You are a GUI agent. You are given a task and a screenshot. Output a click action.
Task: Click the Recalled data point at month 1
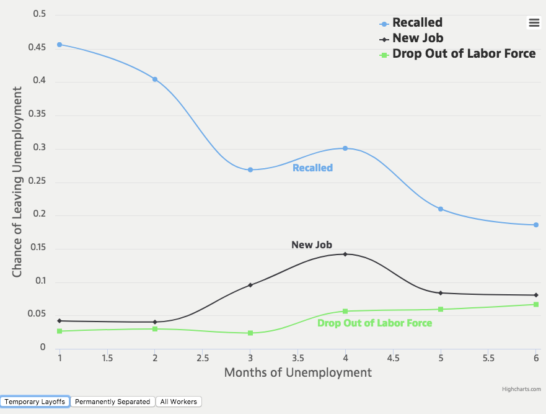click(x=59, y=45)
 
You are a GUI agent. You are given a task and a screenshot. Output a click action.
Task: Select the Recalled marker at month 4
click(x=345, y=148)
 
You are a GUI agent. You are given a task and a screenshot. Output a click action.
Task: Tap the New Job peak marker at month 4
click(x=345, y=254)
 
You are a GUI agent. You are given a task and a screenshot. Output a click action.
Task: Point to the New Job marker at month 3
click(x=250, y=285)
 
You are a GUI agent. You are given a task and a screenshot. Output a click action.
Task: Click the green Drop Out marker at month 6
click(x=536, y=304)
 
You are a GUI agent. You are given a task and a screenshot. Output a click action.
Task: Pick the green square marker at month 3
click(x=250, y=333)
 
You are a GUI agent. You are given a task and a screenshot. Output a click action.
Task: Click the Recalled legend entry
click(x=417, y=23)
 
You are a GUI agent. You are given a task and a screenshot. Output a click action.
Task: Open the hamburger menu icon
click(x=534, y=22)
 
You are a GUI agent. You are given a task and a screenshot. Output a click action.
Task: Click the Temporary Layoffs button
click(x=35, y=402)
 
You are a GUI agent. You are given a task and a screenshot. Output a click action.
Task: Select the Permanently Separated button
click(x=113, y=402)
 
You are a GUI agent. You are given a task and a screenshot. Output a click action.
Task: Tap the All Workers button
click(x=178, y=402)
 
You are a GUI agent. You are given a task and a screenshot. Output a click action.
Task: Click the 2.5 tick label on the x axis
click(x=203, y=358)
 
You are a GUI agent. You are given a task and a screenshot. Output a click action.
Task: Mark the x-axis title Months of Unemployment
click(x=297, y=372)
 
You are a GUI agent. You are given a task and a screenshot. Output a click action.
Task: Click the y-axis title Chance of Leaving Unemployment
click(x=17, y=182)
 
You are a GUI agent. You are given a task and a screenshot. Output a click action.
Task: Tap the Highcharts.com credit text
click(x=522, y=389)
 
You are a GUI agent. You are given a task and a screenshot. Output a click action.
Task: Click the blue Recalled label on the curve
click(x=312, y=168)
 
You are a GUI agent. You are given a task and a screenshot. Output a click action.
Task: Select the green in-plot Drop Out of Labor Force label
click(x=374, y=323)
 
